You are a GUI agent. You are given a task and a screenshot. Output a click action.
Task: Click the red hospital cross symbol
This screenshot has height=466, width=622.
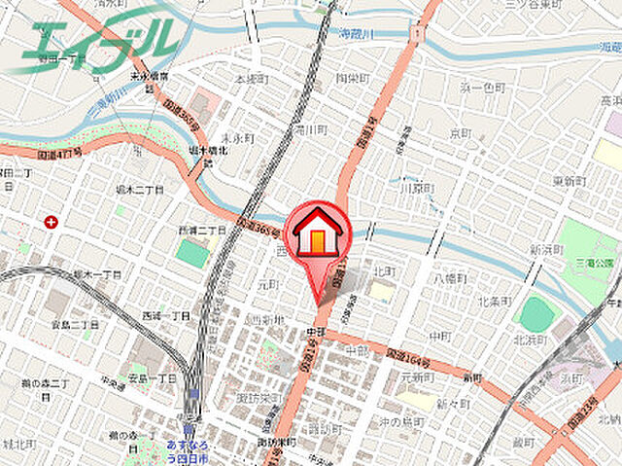pos(51,222)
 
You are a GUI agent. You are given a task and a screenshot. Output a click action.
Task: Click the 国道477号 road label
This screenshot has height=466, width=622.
pos(60,153)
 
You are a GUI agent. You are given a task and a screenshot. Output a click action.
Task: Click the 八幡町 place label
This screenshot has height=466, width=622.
pos(451,278)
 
